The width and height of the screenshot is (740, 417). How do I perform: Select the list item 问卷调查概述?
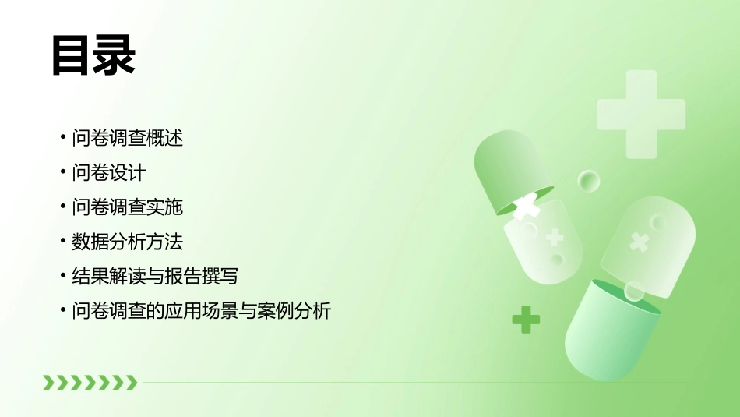(x=127, y=139)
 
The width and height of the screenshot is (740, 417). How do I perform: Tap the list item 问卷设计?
(x=108, y=173)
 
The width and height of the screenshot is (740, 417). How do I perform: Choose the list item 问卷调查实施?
(x=127, y=207)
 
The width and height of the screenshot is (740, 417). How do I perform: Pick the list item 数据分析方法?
(x=127, y=242)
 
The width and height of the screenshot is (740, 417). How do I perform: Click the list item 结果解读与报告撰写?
(x=154, y=277)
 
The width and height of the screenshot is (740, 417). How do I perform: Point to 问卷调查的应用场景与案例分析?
(x=201, y=312)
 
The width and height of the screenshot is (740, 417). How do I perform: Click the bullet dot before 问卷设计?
(x=63, y=173)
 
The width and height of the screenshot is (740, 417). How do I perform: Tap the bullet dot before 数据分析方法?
(x=63, y=242)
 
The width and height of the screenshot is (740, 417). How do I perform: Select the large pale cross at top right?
(x=640, y=114)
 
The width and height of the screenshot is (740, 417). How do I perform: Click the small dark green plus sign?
(x=526, y=319)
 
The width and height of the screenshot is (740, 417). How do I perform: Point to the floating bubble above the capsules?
(x=589, y=182)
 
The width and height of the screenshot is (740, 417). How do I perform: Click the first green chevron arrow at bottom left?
(x=49, y=382)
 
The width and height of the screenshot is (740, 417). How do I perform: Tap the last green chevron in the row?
(x=131, y=382)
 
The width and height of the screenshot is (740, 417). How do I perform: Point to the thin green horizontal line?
(x=413, y=383)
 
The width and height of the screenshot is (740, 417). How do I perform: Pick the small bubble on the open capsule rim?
(x=634, y=292)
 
